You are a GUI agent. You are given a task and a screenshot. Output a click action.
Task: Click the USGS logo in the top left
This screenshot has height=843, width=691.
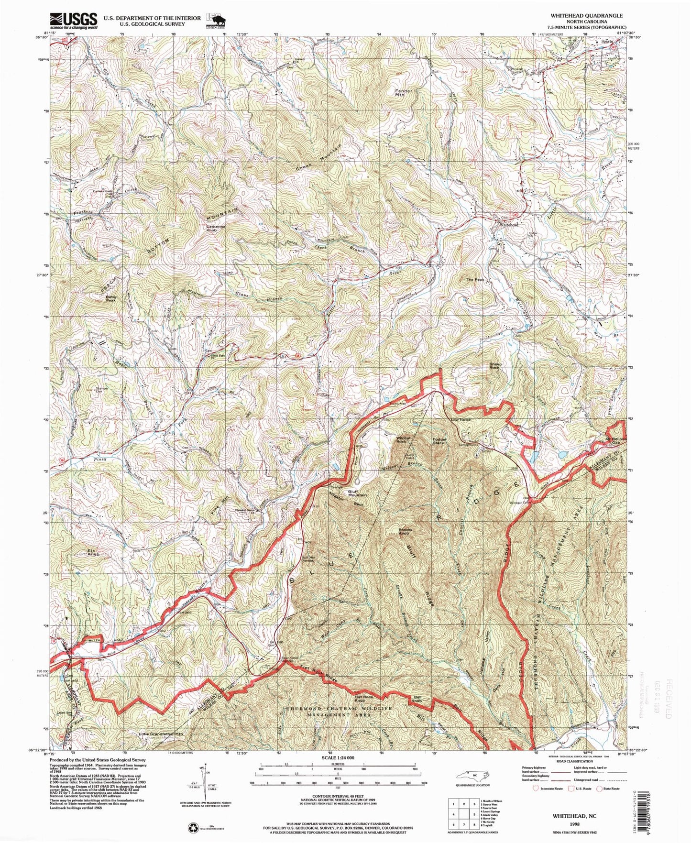tap(74, 21)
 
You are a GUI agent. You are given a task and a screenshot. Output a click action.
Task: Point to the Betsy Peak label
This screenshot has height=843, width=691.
tap(110, 298)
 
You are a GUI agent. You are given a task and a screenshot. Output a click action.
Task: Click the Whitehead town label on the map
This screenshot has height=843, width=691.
tap(509, 224)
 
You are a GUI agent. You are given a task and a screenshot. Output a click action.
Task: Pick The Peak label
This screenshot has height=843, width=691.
tap(475, 279)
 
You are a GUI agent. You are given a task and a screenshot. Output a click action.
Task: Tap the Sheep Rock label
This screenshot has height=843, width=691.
tap(495, 366)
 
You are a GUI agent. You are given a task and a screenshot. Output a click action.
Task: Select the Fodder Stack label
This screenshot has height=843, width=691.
tap(438, 440)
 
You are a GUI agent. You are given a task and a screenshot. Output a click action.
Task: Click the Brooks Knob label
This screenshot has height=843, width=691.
tap(404, 532)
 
